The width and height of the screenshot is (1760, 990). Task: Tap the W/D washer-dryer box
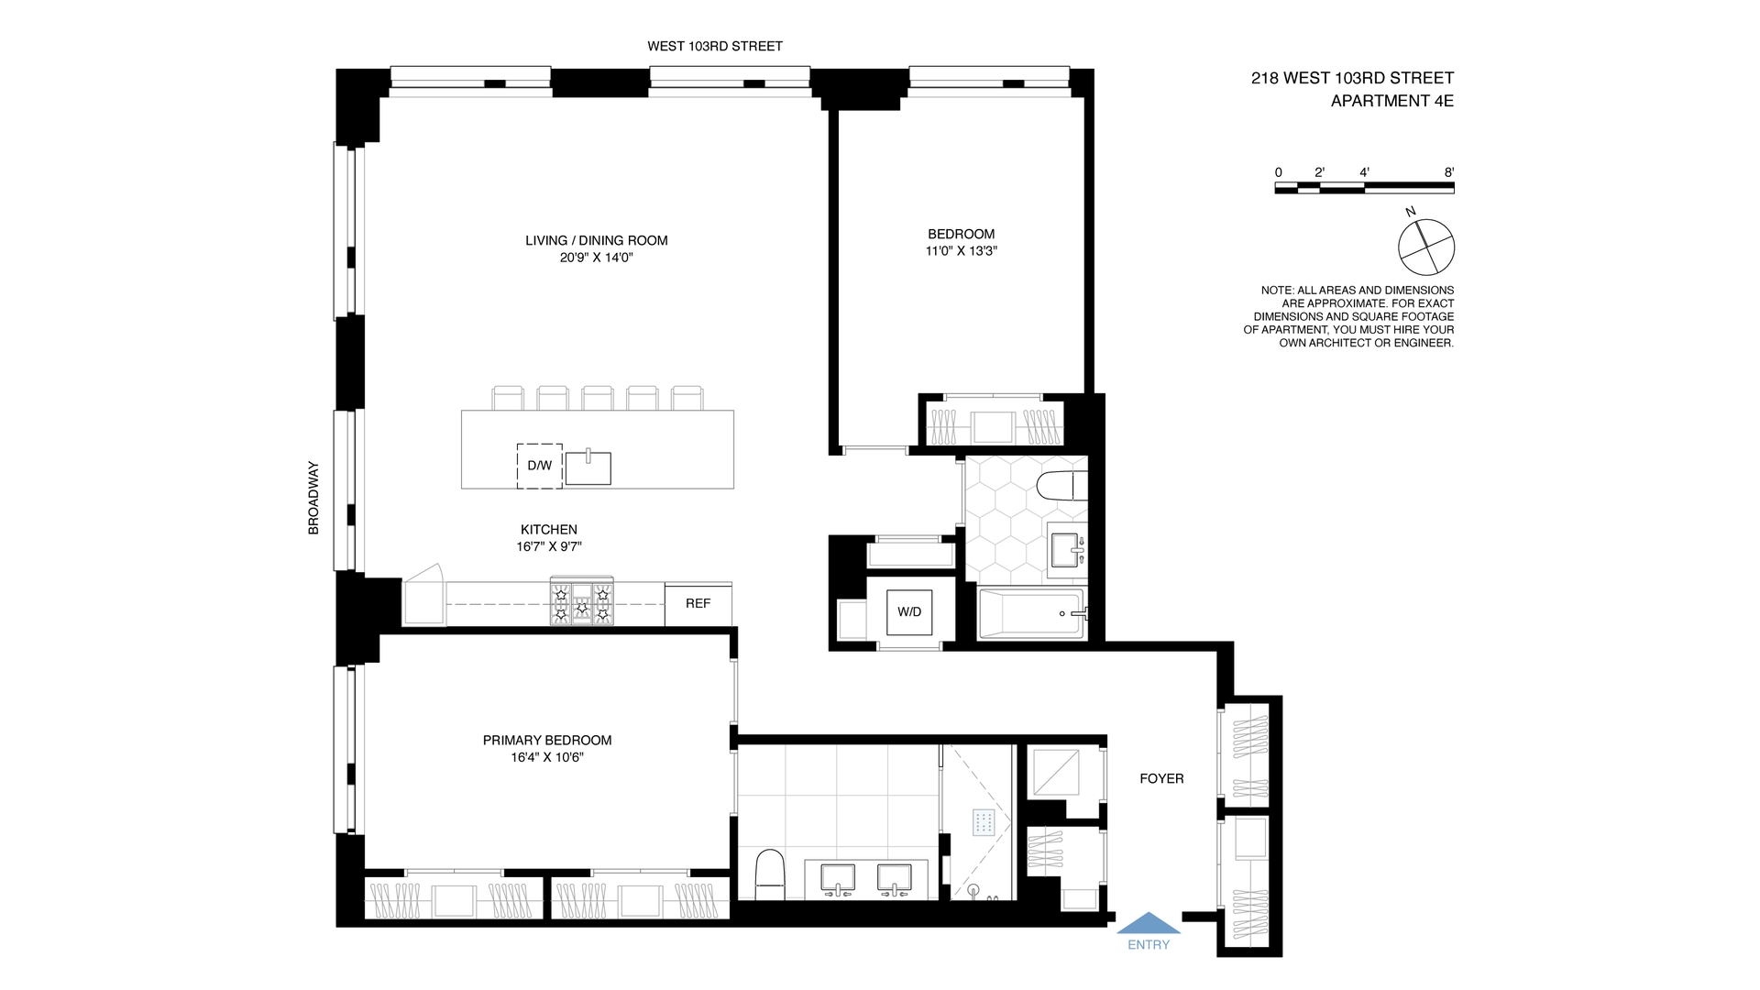pos(909,612)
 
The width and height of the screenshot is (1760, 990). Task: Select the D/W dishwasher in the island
pos(539,466)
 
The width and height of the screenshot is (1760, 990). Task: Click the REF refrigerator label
pos(698,603)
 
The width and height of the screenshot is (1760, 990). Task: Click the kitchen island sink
pos(588,468)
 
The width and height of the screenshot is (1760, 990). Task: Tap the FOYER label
pos(1161,778)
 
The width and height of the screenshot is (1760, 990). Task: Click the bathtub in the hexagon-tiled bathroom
pos(1031,614)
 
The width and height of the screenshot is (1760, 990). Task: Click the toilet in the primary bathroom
pos(769,875)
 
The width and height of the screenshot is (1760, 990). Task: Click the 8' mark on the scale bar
pos(1449,172)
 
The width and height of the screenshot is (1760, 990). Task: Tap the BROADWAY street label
pos(313,498)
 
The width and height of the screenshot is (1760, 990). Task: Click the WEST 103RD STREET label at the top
pos(715,46)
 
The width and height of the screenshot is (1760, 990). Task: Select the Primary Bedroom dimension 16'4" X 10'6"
pos(547,757)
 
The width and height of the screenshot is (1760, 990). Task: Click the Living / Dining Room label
pos(596,240)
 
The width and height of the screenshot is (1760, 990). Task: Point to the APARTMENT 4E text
pos(1391,101)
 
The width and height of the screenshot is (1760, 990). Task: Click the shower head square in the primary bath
pos(984,822)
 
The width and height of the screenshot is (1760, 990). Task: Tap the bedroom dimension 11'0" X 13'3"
pos(961,250)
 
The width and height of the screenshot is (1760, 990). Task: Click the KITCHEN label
pos(548,529)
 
